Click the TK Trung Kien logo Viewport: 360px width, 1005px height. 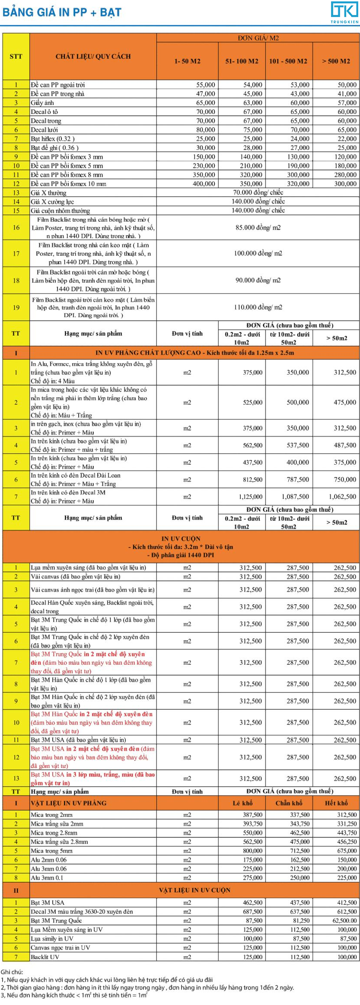(344, 12)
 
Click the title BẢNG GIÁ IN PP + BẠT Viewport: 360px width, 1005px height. (62, 12)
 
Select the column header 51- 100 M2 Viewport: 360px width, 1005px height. (242, 61)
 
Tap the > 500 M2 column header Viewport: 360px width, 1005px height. (336, 61)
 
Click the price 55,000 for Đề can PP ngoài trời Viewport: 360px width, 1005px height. (205, 85)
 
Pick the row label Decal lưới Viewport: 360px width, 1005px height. (44, 130)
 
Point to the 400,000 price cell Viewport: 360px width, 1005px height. (204, 184)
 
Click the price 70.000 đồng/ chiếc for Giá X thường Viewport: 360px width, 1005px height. (258, 192)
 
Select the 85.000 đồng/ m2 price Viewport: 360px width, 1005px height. (258, 227)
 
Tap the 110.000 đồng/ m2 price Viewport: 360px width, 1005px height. (258, 307)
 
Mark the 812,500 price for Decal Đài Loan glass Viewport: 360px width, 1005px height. (252, 479)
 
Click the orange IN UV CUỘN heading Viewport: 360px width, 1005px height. (181, 539)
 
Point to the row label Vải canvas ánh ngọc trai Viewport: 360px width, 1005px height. (92, 590)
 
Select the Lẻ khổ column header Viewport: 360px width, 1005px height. (242, 803)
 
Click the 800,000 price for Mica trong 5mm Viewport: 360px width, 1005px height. (252, 851)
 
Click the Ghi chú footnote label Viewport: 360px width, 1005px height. (12, 972)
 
